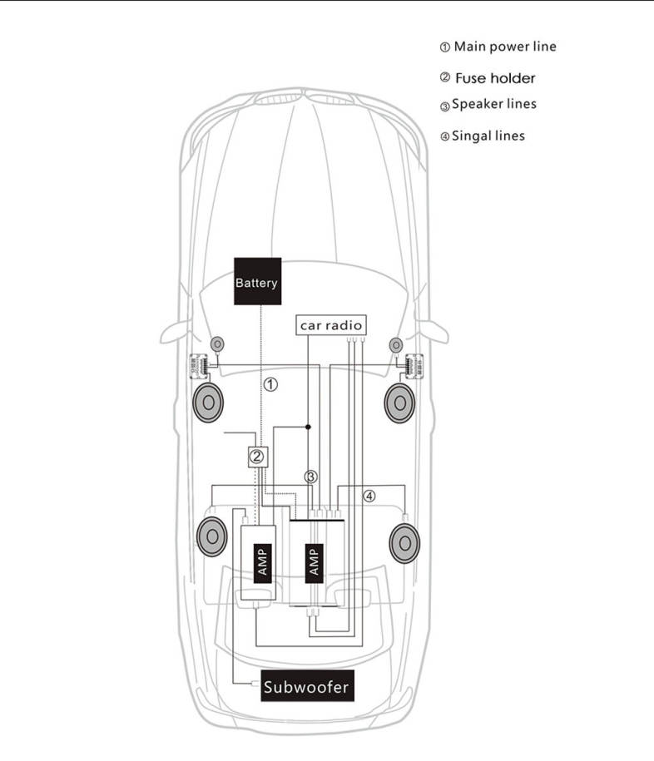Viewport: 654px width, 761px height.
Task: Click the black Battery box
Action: (257, 282)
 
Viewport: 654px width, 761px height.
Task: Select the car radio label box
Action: (330, 325)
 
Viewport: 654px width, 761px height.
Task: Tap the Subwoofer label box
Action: (306, 687)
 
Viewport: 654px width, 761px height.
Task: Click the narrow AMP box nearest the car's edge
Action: (259, 562)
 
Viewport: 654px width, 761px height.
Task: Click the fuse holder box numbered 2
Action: (258, 456)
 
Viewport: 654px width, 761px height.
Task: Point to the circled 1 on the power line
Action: (270, 384)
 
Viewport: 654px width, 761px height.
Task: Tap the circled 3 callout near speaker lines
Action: (310, 477)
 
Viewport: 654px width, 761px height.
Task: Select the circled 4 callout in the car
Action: (369, 496)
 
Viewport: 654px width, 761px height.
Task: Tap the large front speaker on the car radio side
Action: (400, 403)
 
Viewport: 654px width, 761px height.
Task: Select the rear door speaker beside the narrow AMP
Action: (211, 537)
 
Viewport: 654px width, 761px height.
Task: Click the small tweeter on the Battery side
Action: (217, 343)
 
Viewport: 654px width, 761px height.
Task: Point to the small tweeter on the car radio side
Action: (394, 343)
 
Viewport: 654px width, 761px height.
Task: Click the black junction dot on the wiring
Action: (308, 427)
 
